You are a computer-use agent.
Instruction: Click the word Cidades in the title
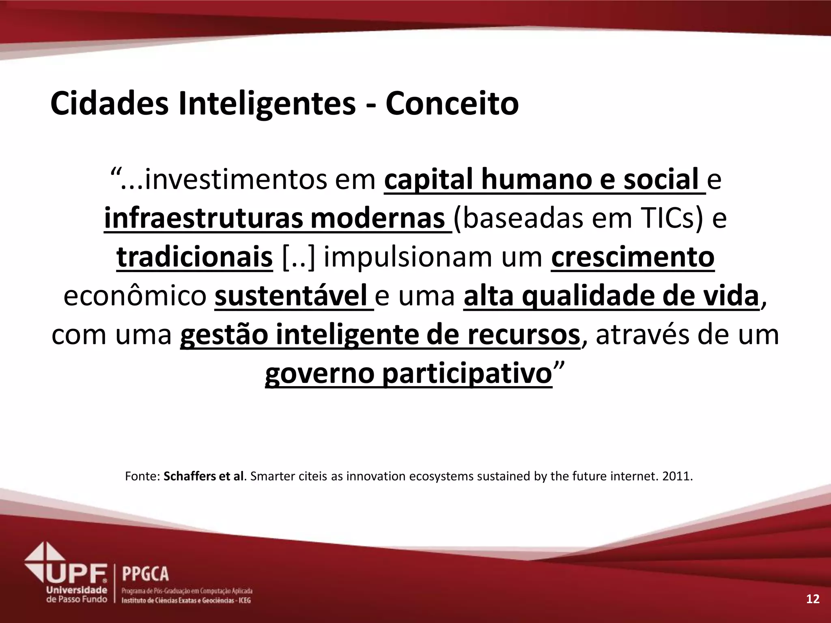[x=110, y=104]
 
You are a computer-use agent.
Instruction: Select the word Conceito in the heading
[x=452, y=104]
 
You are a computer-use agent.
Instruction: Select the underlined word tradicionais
[x=194, y=257]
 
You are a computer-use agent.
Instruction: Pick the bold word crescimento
[x=633, y=257]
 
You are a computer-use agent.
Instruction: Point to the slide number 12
[x=813, y=599]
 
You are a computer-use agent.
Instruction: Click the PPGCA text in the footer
[x=145, y=574]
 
